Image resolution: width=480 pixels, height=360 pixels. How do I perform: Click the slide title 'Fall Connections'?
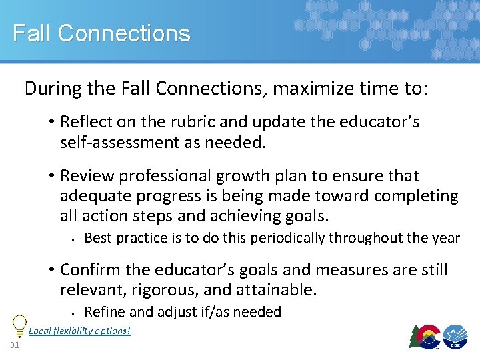click(x=101, y=33)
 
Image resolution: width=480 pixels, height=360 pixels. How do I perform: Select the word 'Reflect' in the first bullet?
click(x=85, y=122)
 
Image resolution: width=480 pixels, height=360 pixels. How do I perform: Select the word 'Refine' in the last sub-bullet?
click(x=102, y=312)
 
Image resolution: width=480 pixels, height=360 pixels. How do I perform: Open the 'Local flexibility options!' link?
click(x=79, y=331)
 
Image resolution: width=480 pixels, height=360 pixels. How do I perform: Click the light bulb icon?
click(x=19, y=325)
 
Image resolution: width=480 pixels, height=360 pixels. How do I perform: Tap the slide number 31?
click(x=15, y=345)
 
